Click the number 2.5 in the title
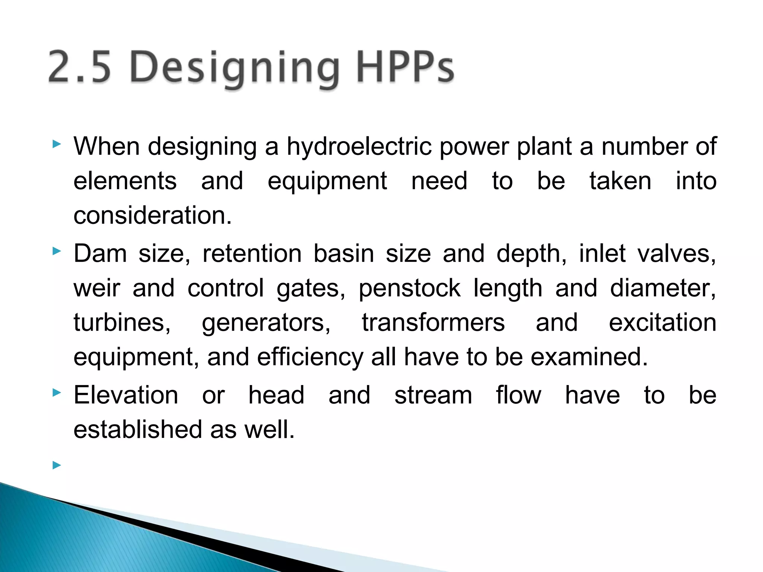pos(80,67)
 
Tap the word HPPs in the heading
pos(405,67)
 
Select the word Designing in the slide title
pos(234,69)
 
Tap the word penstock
pos(410,289)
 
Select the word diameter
pos(663,289)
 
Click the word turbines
pos(122,322)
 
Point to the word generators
pos(266,323)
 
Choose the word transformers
pos(433,322)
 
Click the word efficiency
pos(310,357)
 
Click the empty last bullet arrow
pos(57,465)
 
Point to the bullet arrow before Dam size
pos(57,251)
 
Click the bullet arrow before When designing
pos(57,144)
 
